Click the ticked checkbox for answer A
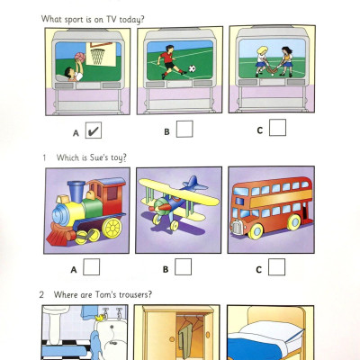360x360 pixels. pos(93,130)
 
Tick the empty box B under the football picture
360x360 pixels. pos(184,130)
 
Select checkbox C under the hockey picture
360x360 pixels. pos(277,128)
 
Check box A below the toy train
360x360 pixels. pos(92,267)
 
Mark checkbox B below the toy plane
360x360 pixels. pos(184,266)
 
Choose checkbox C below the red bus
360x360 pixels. pos(277,266)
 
